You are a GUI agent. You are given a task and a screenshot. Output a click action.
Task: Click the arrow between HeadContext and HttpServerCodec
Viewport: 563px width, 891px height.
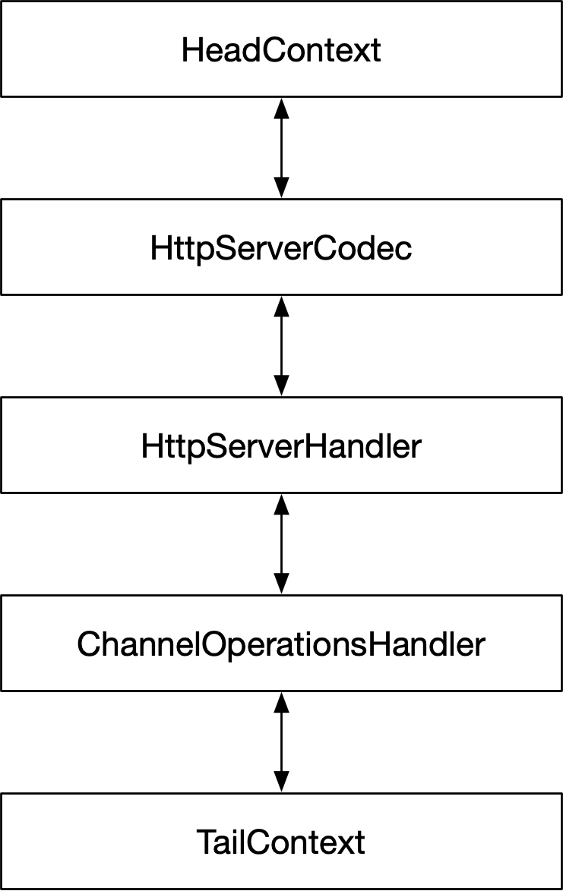(282, 148)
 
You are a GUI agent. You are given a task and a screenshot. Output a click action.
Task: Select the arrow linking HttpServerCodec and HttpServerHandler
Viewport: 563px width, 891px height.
(282, 346)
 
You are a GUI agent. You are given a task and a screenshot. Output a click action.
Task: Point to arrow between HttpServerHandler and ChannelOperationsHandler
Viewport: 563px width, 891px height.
(282, 543)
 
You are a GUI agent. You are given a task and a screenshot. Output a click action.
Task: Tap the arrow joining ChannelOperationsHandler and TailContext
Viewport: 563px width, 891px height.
(282, 741)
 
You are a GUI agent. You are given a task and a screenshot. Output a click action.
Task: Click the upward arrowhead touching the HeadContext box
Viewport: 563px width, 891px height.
(282, 108)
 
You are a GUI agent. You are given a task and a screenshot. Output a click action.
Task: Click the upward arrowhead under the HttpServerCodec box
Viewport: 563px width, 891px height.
(282, 306)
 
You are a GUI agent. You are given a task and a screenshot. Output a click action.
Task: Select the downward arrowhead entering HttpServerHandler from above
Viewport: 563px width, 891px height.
(282, 386)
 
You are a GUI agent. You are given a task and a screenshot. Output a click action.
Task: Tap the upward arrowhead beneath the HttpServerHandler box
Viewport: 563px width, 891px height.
(282, 504)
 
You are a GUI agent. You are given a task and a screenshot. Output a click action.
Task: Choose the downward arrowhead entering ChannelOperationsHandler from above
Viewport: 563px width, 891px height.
(282, 584)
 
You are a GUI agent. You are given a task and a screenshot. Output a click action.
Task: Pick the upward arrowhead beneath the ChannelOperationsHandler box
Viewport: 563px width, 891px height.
(282, 702)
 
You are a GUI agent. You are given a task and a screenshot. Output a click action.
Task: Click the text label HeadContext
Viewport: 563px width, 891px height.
(281, 51)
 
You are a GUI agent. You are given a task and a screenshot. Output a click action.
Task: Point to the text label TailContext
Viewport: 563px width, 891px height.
(281, 842)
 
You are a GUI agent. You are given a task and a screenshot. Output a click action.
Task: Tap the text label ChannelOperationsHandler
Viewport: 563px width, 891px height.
(281, 644)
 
